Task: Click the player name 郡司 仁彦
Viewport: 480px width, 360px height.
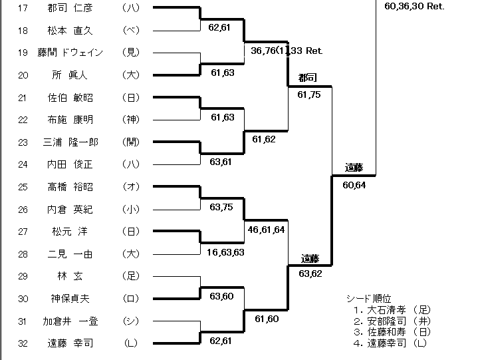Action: click(74, 9)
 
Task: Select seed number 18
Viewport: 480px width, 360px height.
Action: click(23, 31)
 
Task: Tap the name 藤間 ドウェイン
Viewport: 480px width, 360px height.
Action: click(74, 53)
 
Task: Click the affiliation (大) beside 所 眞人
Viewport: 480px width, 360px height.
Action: click(131, 75)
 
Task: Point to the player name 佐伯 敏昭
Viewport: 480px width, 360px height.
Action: click(74, 98)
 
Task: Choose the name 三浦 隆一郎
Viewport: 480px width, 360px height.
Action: click(74, 142)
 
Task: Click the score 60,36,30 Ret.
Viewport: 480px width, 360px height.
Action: click(414, 5)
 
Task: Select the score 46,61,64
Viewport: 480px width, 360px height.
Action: click(266, 229)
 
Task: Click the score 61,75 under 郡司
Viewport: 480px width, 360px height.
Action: click(309, 95)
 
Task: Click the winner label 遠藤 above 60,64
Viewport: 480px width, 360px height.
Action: click(354, 168)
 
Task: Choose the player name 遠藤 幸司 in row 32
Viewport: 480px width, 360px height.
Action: click(74, 343)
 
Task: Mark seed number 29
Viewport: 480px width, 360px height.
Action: click(23, 276)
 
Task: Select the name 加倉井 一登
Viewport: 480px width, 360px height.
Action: click(74, 321)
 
